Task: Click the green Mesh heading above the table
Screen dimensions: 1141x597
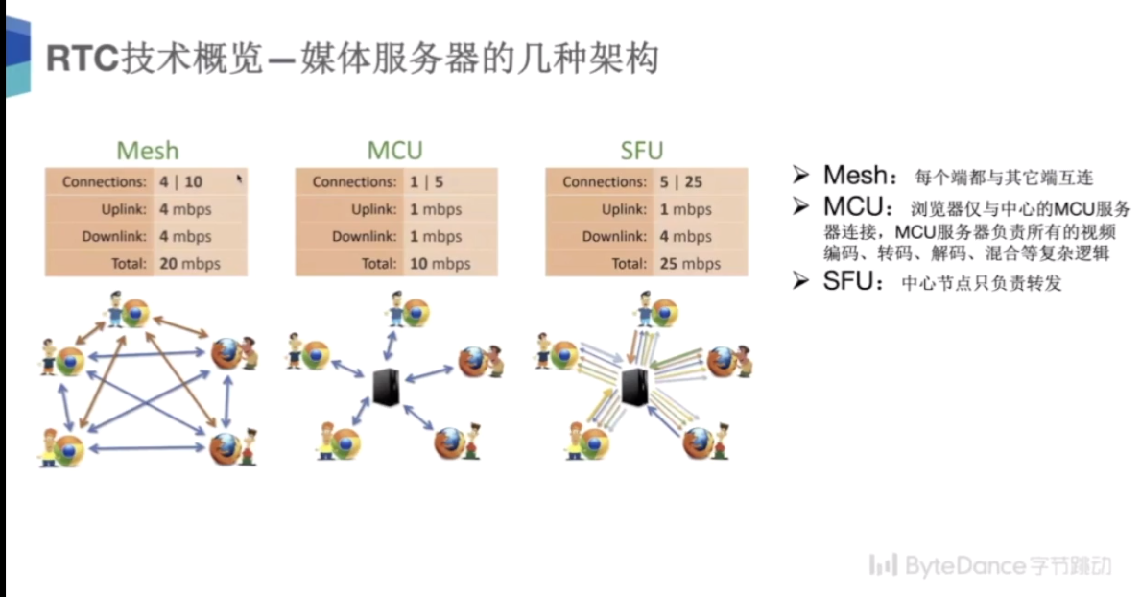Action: click(148, 151)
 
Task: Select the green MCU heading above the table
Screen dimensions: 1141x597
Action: click(395, 151)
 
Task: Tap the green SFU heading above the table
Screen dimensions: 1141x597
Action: click(642, 151)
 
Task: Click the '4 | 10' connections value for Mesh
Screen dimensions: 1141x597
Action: click(181, 182)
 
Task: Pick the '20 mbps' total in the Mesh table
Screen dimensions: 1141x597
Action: click(190, 264)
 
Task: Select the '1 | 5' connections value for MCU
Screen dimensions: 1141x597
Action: click(426, 182)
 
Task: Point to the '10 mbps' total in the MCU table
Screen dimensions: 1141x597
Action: click(440, 264)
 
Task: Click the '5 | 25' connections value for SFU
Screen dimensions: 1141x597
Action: click(681, 182)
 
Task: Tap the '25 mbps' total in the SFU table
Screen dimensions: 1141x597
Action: click(690, 264)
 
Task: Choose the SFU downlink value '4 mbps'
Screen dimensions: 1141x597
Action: click(685, 237)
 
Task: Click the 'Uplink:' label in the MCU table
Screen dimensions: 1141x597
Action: click(374, 209)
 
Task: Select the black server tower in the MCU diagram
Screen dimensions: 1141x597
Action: click(386, 387)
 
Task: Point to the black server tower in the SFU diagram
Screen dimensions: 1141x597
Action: click(635, 387)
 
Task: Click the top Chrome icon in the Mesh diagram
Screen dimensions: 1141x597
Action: click(136, 312)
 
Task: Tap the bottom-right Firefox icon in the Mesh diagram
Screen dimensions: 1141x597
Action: click(226, 447)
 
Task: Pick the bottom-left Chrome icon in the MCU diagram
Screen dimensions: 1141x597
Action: click(345, 443)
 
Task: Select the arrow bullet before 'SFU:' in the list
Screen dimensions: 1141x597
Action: click(801, 281)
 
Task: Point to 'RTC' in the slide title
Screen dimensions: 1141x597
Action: click(83, 59)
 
